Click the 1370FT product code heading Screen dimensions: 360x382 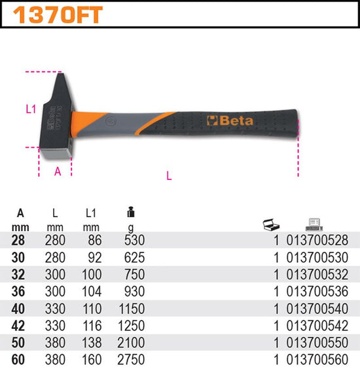pos(58,15)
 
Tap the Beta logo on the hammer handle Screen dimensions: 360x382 pos(230,121)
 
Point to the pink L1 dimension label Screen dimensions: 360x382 pos(31,109)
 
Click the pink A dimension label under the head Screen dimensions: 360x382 pos(58,172)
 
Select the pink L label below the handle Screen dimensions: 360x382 pos(169,176)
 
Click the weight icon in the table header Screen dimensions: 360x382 pos(131,212)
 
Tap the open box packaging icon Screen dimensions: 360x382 pos(271,225)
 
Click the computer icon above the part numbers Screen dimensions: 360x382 pos(314,224)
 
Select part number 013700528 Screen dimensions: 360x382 pos(317,241)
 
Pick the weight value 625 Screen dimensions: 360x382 pos(135,258)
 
